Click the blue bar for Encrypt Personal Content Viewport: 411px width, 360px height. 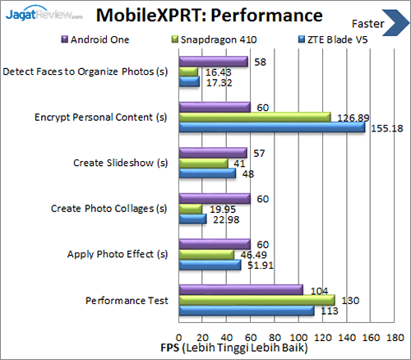click(x=271, y=127)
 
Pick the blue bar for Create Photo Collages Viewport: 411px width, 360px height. click(x=192, y=219)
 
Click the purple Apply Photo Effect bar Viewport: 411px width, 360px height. click(x=214, y=243)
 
